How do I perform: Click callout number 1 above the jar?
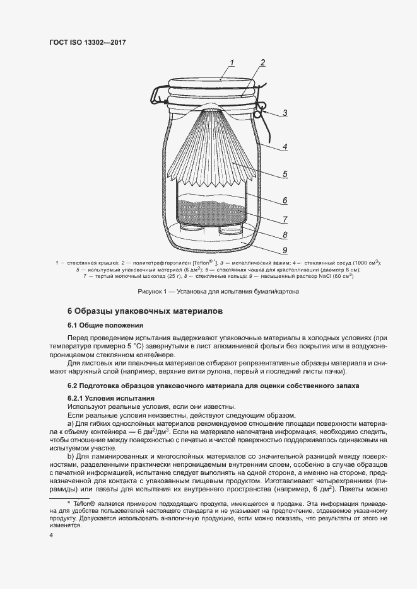(x=232, y=62)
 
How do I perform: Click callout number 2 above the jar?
(x=262, y=63)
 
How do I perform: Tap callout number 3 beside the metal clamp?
(x=285, y=113)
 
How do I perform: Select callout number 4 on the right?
(x=285, y=147)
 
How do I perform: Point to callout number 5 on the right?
(x=285, y=174)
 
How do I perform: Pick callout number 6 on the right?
(x=285, y=201)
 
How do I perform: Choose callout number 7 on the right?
(x=285, y=219)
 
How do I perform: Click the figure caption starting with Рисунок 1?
(x=218, y=292)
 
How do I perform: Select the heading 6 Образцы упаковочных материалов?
(x=144, y=311)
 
